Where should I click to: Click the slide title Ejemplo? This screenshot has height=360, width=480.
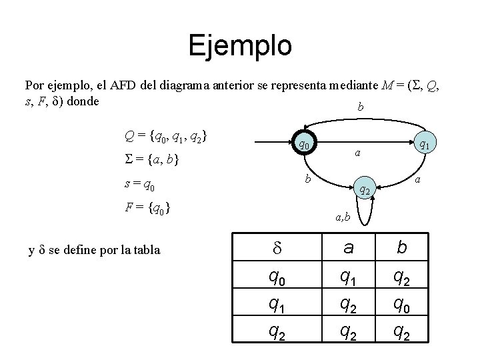pyautogui.click(x=240, y=45)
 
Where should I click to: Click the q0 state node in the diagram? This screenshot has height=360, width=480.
pyautogui.click(x=303, y=144)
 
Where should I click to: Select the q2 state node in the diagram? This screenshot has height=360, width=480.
pyautogui.click(x=365, y=191)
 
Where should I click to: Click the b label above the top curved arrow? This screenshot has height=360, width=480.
pyautogui.click(x=361, y=107)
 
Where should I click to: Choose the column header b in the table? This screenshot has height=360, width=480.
pyautogui.click(x=401, y=249)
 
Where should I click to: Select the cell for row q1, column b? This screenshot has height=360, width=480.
pyautogui.click(x=401, y=305)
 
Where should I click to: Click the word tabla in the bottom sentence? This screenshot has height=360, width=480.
pyautogui.click(x=145, y=250)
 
